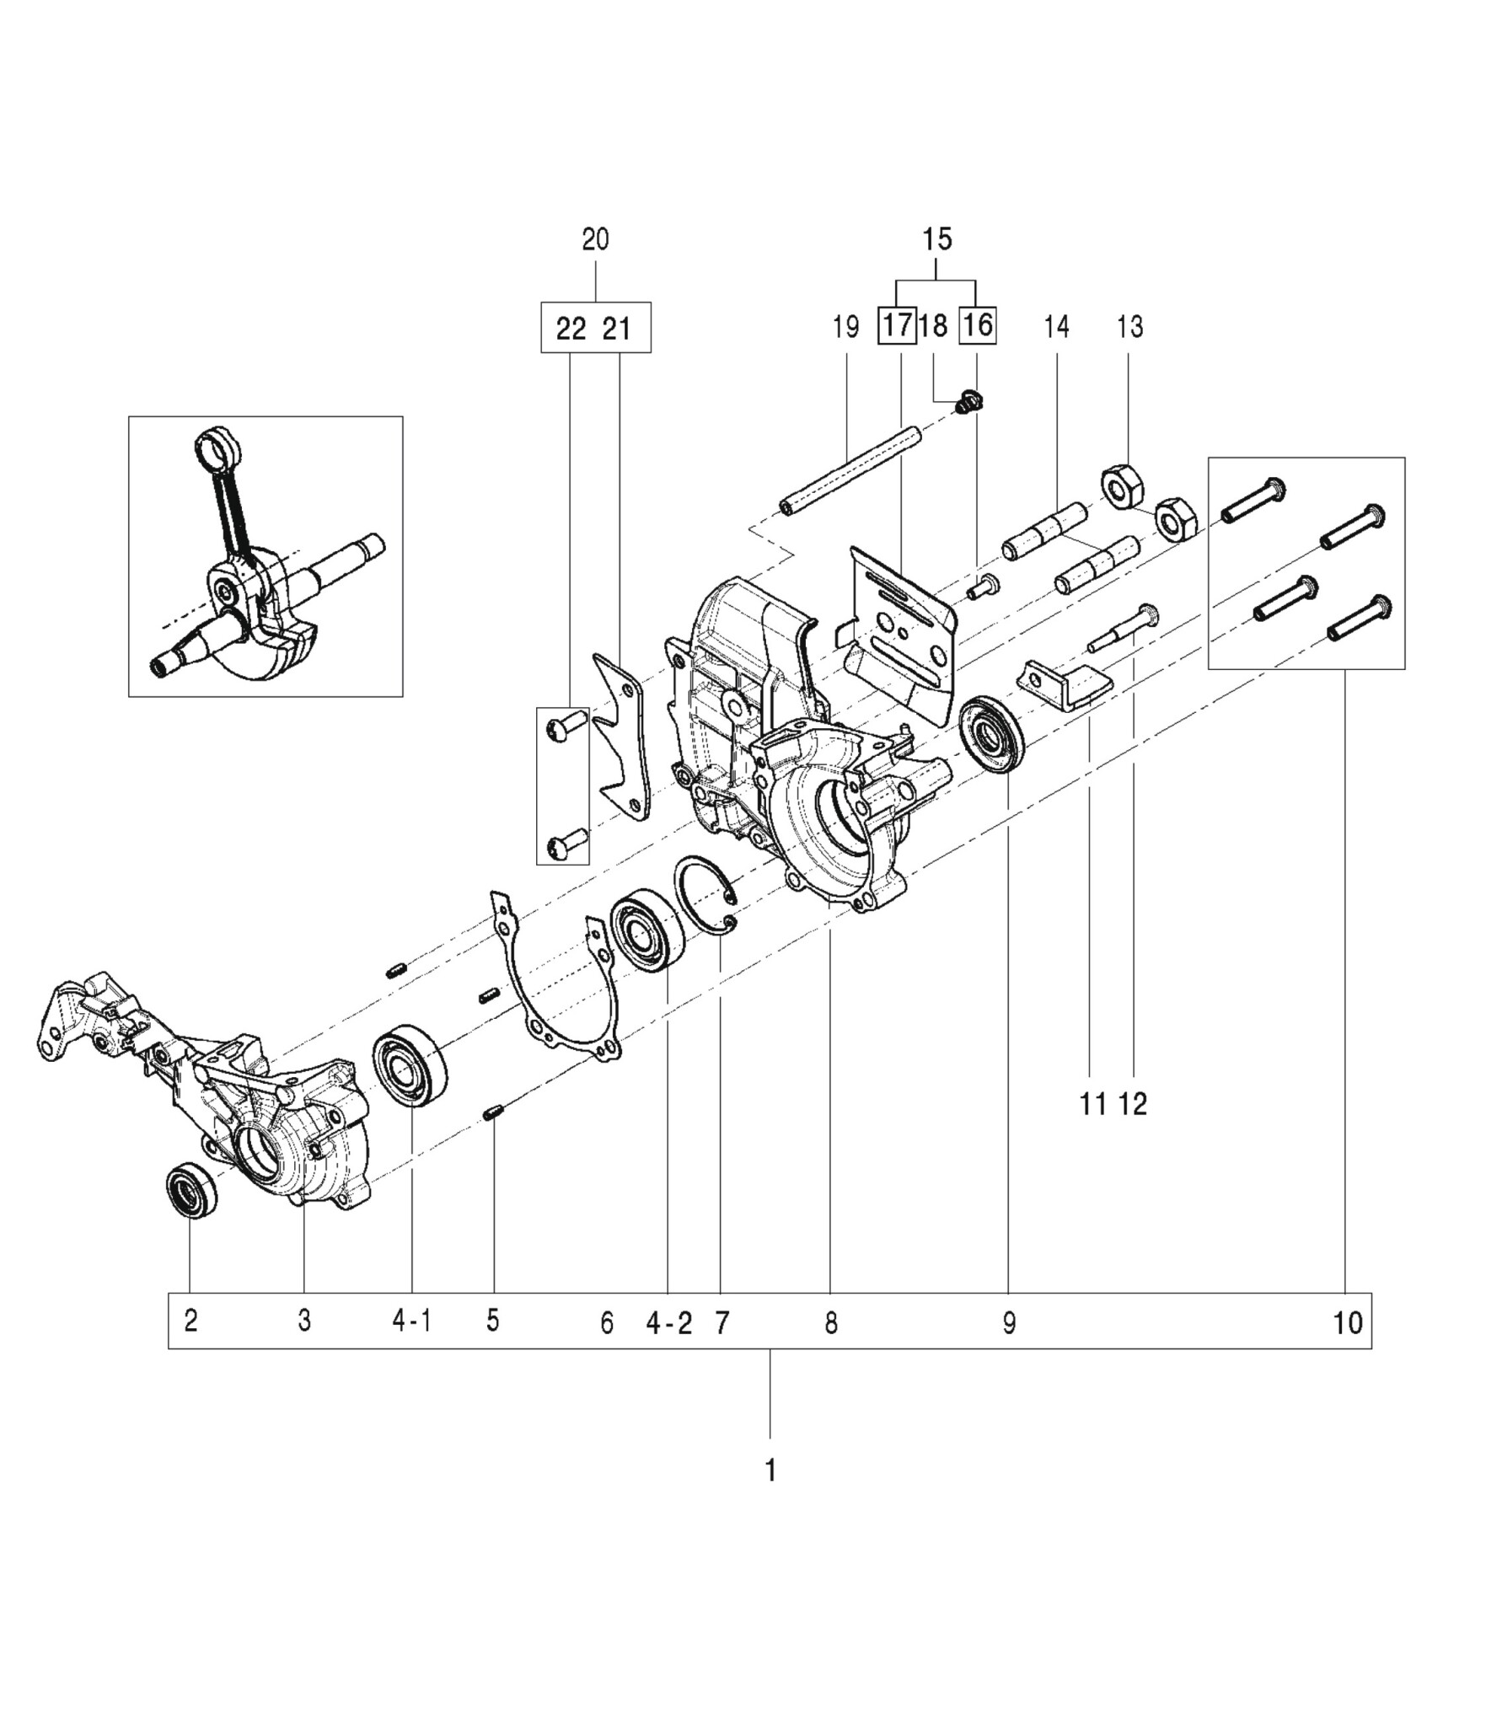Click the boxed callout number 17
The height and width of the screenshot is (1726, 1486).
pos(897,325)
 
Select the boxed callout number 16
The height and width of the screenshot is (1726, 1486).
pos(978,325)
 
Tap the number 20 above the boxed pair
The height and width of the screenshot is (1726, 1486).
pos(595,239)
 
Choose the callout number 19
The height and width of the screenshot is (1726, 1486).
pos(845,326)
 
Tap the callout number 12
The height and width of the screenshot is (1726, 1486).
pos(1134,1103)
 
